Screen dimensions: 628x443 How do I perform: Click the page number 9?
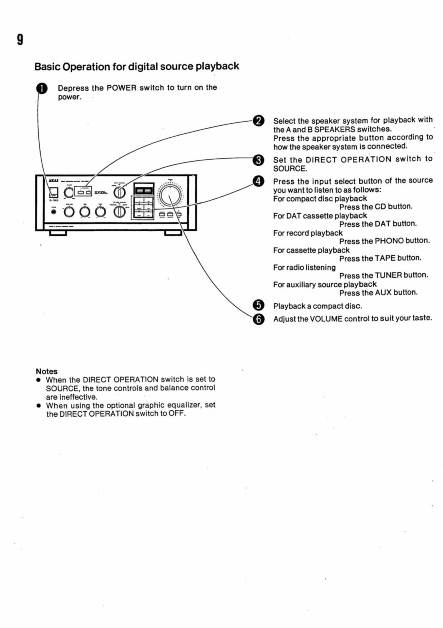point(20,40)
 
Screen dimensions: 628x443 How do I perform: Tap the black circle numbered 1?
point(42,89)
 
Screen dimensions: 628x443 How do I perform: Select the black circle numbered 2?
point(259,121)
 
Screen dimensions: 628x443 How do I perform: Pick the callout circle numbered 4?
point(259,181)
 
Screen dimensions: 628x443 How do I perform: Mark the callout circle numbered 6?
point(259,319)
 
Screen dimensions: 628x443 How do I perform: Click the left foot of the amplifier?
point(58,233)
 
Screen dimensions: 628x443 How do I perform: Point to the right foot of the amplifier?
point(173,233)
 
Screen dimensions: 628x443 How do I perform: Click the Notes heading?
point(47,372)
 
